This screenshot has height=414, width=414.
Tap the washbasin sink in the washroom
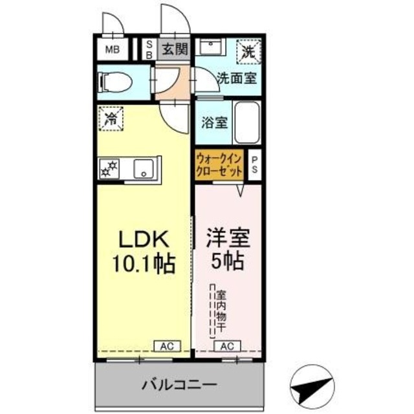point(211,48)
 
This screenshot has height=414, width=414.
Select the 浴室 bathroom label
point(213,122)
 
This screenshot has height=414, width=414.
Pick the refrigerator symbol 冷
point(112,120)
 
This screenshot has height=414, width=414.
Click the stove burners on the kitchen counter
point(109,169)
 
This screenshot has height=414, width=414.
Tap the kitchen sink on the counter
point(142,169)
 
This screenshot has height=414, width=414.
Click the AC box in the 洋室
point(228,347)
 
